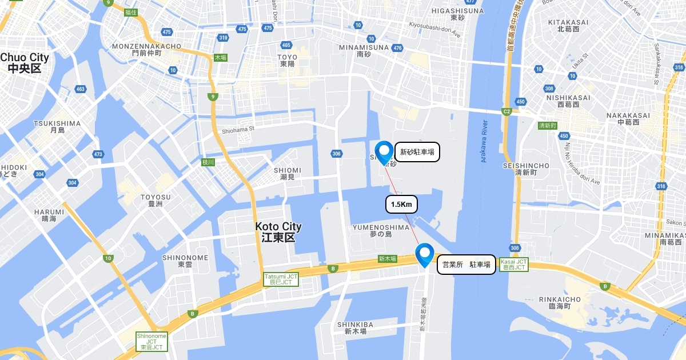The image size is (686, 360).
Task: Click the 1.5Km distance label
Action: click(402, 204)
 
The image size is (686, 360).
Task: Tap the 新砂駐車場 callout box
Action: click(417, 152)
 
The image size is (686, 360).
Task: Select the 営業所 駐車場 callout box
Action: click(466, 265)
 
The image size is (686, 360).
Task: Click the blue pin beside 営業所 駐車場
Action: click(425, 254)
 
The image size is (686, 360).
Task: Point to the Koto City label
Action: click(278, 232)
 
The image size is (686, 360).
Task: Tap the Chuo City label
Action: click(25, 63)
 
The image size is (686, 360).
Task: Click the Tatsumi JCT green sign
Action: click(281, 279)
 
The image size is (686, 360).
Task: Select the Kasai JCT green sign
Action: click(513, 264)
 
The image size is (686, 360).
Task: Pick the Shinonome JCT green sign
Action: click(151, 342)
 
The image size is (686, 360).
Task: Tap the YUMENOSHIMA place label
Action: click(381, 230)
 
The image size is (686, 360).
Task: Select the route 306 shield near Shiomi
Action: click(336, 153)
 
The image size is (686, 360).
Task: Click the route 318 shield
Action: click(661, 186)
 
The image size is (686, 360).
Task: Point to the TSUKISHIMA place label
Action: click(57, 126)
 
